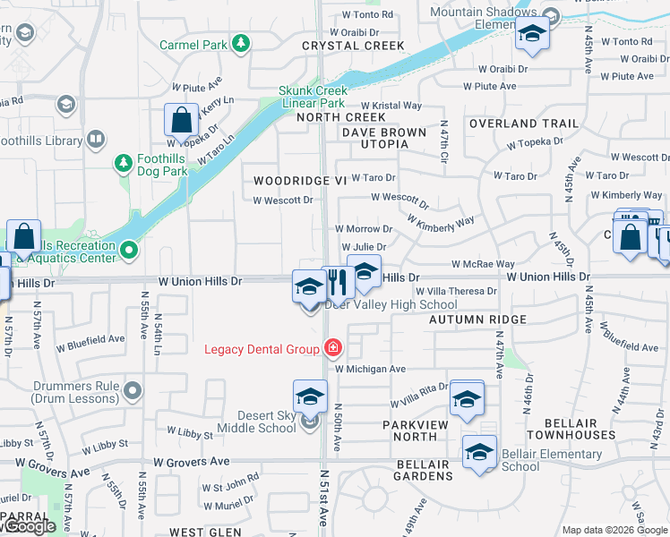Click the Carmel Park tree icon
[240, 43]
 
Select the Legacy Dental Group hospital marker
[333, 347]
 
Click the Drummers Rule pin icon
[133, 390]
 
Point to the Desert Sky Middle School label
[254, 422]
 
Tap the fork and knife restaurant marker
[338, 283]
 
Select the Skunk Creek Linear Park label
[312, 97]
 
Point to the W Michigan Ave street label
[371, 369]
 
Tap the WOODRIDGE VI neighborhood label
[299, 181]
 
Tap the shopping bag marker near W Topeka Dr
[181, 120]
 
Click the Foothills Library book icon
[96, 140]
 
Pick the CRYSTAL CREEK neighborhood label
[353, 45]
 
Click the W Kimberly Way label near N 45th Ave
[626, 195]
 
